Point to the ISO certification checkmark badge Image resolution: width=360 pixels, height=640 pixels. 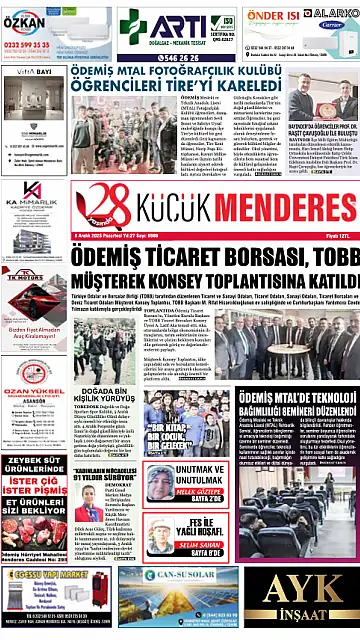click(228, 22)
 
